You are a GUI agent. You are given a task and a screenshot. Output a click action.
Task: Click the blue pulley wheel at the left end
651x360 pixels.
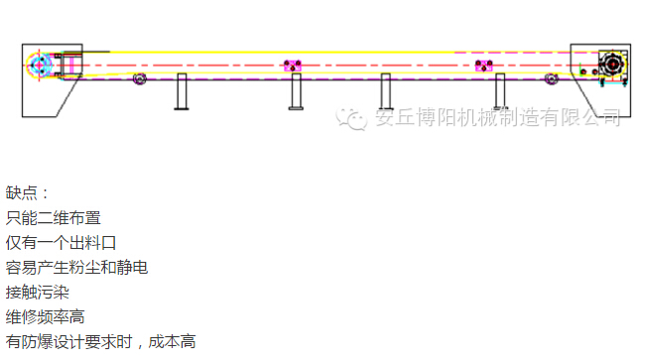coord(40,66)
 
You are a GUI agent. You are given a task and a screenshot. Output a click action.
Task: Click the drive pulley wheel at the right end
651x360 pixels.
coord(611,65)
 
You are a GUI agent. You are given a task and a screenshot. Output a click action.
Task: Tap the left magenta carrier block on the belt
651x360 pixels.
coord(292,65)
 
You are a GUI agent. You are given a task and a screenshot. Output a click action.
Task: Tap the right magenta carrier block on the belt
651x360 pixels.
coord(484,65)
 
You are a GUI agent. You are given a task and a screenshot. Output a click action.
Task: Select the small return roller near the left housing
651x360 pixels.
coord(140,78)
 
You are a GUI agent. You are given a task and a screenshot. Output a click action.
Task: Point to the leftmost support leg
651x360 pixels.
coord(182,92)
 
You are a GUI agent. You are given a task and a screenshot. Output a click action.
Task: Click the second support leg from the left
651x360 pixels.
coord(295,92)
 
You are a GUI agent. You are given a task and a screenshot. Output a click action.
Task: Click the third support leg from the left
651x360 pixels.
coord(386,92)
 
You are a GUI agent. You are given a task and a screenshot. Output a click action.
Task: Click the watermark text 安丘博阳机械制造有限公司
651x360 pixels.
coord(496,118)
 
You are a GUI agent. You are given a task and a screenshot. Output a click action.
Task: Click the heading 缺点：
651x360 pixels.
coord(27,192)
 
